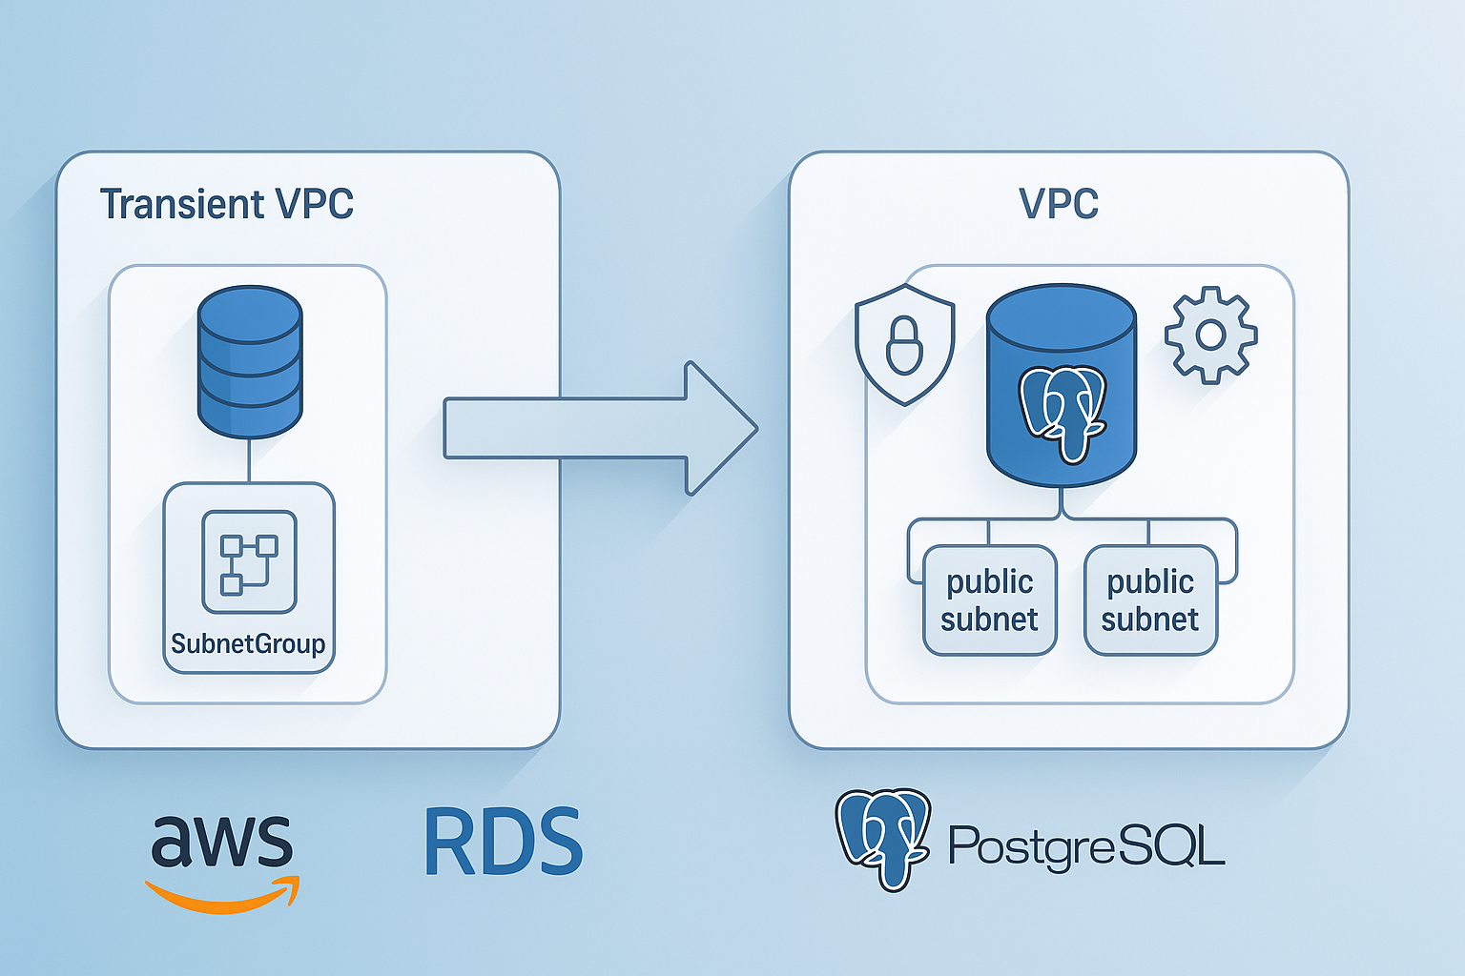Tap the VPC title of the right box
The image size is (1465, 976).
click(x=1059, y=203)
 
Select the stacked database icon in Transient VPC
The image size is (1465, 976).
click(x=250, y=362)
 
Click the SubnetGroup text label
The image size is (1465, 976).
click(x=248, y=644)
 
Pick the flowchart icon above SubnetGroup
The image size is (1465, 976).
click(x=249, y=562)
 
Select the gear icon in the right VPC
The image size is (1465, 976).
click(x=1210, y=335)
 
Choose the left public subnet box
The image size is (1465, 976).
click(x=989, y=600)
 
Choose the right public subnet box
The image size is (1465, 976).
click(x=1150, y=600)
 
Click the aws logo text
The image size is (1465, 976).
click(x=221, y=841)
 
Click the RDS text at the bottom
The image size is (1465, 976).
click(x=503, y=843)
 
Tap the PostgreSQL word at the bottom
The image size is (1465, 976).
click(x=1085, y=844)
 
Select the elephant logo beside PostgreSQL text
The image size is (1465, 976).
click(x=883, y=837)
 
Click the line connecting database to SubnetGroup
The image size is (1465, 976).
click(x=249, y=460)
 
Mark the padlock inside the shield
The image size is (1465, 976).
click(x=904, y=347)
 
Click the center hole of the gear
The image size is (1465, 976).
click(x=1210, y=335)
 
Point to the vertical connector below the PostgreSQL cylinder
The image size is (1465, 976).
click(x=1062, y=502)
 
